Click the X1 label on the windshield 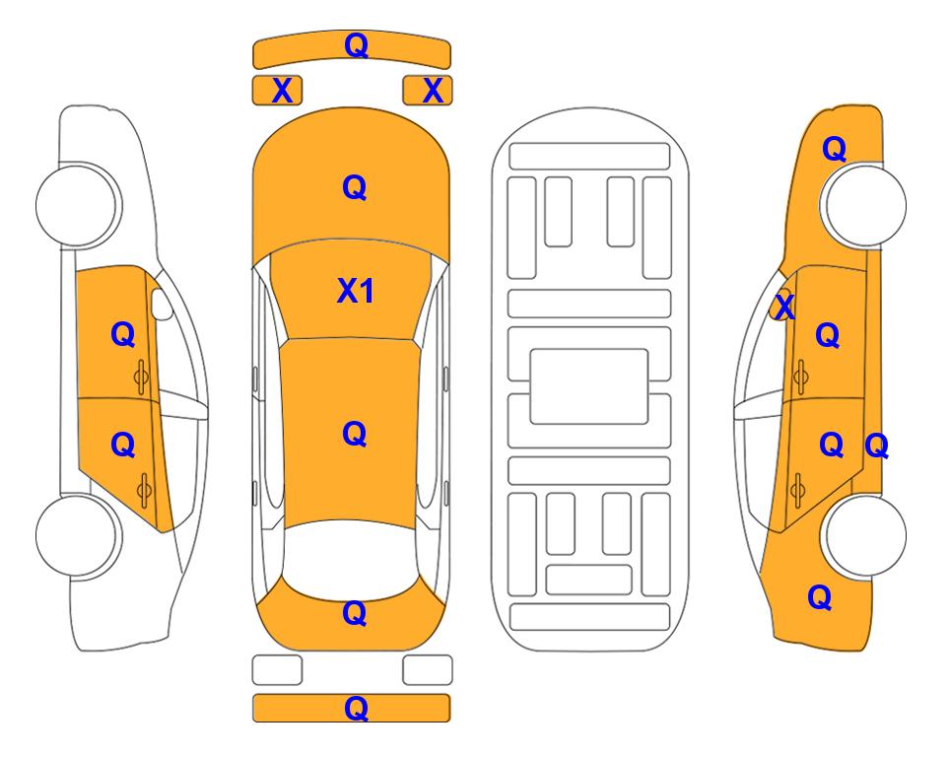[356, 291]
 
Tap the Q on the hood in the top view [355, 187]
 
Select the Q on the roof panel [355, 435]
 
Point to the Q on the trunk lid [355, 613]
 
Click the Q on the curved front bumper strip [357, 45]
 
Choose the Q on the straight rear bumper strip [357, 708]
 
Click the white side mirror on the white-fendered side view [162, 304]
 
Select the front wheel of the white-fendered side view [78, 205]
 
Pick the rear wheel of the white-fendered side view [78, 535]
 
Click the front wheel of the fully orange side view [863, 205]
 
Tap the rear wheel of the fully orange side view [863, 535]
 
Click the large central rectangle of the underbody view [589, 386]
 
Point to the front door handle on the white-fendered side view [142, 377]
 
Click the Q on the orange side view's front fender [834, 149]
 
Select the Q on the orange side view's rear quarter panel [820, 597]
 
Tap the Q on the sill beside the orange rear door [876, 447]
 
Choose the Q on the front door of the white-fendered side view [123, 334]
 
